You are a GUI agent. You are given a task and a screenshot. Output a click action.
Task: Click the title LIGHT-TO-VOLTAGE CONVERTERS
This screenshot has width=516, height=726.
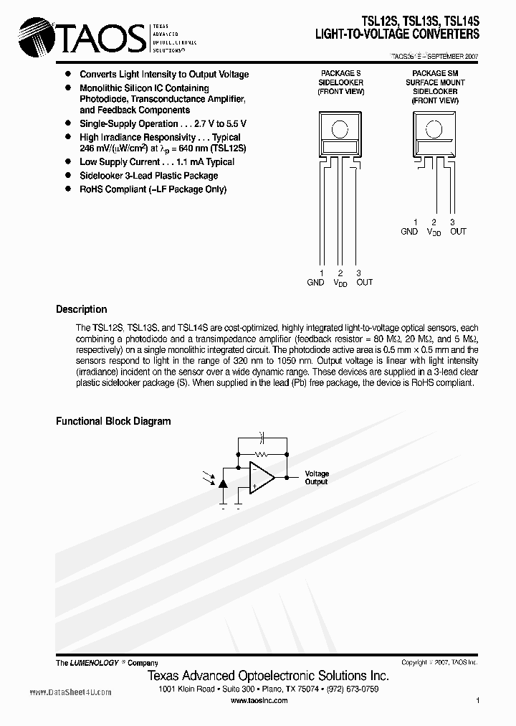(x=398, y=34)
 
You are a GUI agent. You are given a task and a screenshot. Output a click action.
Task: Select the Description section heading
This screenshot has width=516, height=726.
(x=81, y=309)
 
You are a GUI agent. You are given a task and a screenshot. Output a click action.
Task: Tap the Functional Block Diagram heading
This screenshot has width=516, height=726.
(x=113, y=421)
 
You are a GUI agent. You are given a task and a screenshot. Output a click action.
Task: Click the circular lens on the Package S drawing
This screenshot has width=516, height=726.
(x=340, y=129)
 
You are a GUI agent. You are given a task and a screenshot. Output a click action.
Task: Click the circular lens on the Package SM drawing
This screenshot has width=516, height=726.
(x=434, y=129)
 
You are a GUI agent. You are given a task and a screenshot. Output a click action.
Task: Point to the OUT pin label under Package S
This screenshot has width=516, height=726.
(x=364, y=283)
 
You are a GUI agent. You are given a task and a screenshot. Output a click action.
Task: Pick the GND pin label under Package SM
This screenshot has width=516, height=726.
(x=409, y=232)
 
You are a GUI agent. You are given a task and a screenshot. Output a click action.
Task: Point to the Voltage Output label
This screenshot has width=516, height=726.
(x=317, y=478)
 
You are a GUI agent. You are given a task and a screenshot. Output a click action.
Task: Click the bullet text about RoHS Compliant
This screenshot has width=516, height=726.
(x=153, y=189)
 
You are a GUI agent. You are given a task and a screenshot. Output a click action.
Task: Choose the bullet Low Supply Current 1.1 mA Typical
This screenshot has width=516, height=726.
(x=157, y=162)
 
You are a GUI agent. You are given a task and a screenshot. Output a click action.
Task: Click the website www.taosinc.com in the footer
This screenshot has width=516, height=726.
(x=259, y=700)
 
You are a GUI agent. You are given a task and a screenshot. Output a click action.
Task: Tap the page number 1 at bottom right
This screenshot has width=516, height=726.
(x=477, y=700)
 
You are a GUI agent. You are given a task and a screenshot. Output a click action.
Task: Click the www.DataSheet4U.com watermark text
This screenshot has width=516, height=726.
(x=70, y=692)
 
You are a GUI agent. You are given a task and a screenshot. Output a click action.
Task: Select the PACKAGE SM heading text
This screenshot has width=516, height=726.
(x=434, y=73)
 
